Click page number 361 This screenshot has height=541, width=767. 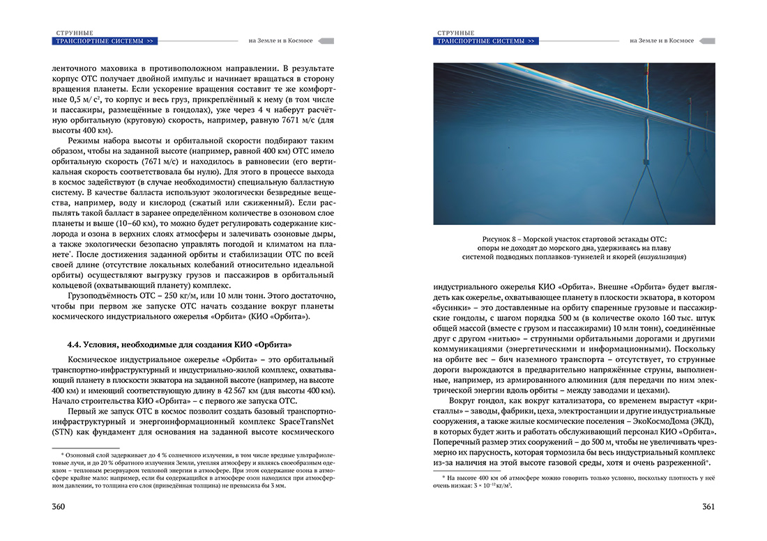(707, 506)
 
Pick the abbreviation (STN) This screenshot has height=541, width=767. (62, 432)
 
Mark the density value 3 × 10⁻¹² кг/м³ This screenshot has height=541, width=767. (485, 486)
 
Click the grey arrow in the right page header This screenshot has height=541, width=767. (707, 41)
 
